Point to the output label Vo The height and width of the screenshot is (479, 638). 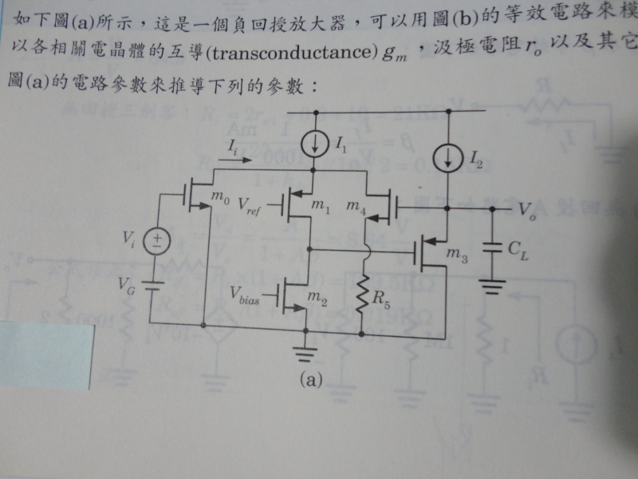point(526,210)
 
